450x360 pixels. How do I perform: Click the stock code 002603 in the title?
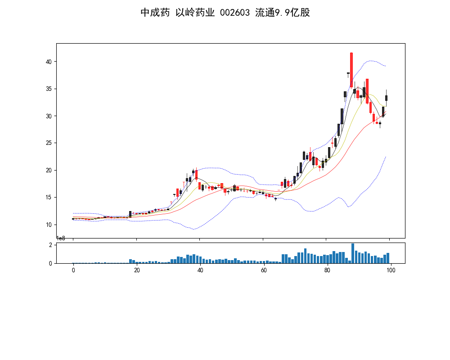(x=234, y=13)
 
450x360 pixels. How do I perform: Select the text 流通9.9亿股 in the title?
(x=283, y=13)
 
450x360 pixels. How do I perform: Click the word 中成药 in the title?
(x=155, y=13)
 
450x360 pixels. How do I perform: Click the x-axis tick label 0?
(x=73, y=270)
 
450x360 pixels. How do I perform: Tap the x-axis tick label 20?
(x=137, y=270)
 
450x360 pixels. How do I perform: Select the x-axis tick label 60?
(x=264, y=270)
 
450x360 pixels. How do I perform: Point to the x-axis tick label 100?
(x=391, y=270)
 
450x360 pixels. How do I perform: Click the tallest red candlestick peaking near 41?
(x=351, y=70)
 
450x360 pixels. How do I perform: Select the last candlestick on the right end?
(x=386, y=98)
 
